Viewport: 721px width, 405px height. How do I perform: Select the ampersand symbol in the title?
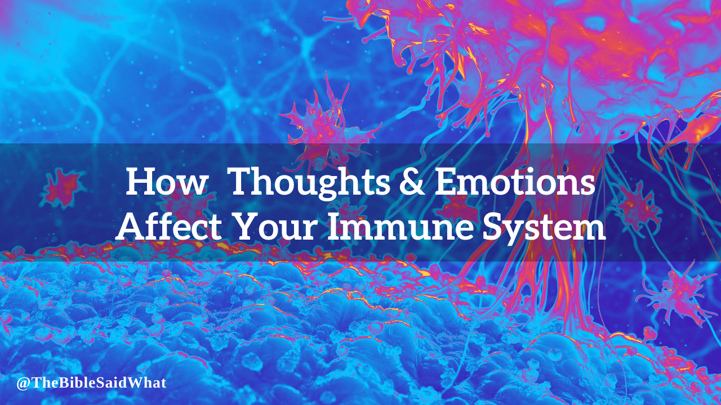pos(412,182)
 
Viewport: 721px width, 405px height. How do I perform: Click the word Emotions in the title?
pos(515,181)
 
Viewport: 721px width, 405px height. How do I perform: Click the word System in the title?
pos(544,229)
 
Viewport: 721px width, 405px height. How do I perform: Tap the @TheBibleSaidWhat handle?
pos(91,383)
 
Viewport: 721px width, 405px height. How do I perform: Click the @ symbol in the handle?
pos(23,384)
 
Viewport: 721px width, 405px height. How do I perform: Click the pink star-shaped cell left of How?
pos(62,188)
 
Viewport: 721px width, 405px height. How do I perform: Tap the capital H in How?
pos(140,181)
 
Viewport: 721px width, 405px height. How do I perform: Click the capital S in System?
pos(493,226)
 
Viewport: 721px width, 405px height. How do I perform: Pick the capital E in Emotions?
pos(446,181)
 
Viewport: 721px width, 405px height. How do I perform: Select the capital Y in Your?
pos(247,226)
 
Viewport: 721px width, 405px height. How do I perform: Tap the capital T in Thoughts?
pos(243,181)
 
